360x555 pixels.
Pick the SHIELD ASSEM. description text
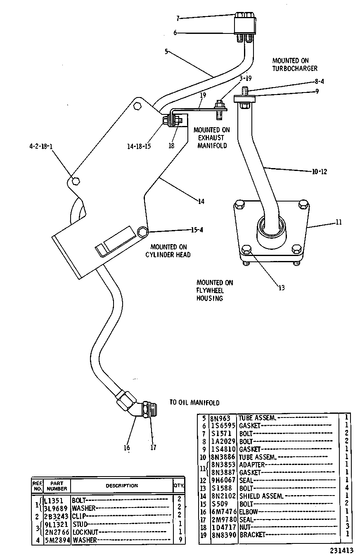[x=261, y=496]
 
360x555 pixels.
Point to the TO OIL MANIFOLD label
[x=194, y=403]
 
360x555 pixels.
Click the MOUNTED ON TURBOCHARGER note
[x=295, y=64]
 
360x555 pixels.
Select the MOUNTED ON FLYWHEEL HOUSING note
[x=215, y=290]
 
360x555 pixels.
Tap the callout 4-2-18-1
[x=41, y=147]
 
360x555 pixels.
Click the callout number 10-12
[x=320, y=172]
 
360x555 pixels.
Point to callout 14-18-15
[x=139, y=147]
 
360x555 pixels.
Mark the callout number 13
[x=282, y=288]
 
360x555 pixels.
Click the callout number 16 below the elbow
[x=127, y=448]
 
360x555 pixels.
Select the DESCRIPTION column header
[x=122, y=486]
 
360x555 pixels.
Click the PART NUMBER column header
[x=57, y=486]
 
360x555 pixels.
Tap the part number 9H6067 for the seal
[x=223, y=480]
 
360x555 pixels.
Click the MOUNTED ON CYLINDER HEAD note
[x=168, y=251]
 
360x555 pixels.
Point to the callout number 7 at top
[x=178, y=18]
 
